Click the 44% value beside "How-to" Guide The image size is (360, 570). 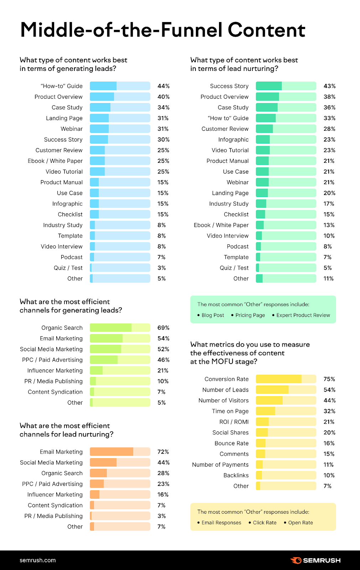click(163, 86)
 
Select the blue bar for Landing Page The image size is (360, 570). click(120, 118)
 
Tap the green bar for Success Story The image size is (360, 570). click(286, 86)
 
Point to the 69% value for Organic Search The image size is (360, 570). click(163, 328)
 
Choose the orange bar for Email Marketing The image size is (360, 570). click(120, 452)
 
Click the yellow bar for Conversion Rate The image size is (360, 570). click(286, 379)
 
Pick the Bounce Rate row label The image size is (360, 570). click(231, 443)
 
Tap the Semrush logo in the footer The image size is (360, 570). click(315, 560)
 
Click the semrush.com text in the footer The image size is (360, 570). click(38, 560)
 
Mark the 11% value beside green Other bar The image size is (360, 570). click(328, 279)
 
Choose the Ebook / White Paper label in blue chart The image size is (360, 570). click(55, 161)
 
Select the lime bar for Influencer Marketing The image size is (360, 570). click(120, 370)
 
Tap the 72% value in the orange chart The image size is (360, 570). click(163, 452)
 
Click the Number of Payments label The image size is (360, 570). click(220, 465)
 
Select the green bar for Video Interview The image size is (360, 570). click(286, 236)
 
